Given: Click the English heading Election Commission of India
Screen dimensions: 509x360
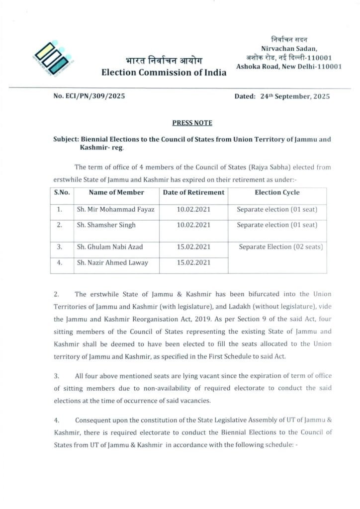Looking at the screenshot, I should point(164,73).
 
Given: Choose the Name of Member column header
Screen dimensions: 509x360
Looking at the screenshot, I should point(109,192).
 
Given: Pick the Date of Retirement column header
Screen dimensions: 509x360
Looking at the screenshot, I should point(193,192).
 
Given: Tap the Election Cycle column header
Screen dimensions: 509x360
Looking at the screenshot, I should point(277,192).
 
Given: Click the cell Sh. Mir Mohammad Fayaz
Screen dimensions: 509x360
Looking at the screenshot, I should point(115,209).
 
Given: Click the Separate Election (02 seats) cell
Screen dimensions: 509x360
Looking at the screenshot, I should point(281,247).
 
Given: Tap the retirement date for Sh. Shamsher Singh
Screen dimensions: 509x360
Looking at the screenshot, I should point(193,225).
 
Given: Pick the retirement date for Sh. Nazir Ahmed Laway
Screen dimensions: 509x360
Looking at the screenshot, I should point(193,263).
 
